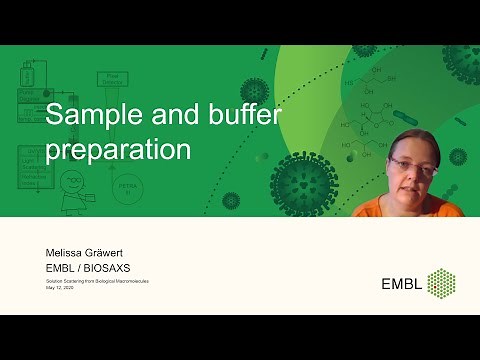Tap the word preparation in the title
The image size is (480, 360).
pyautogui.click(x=119, y=150)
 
